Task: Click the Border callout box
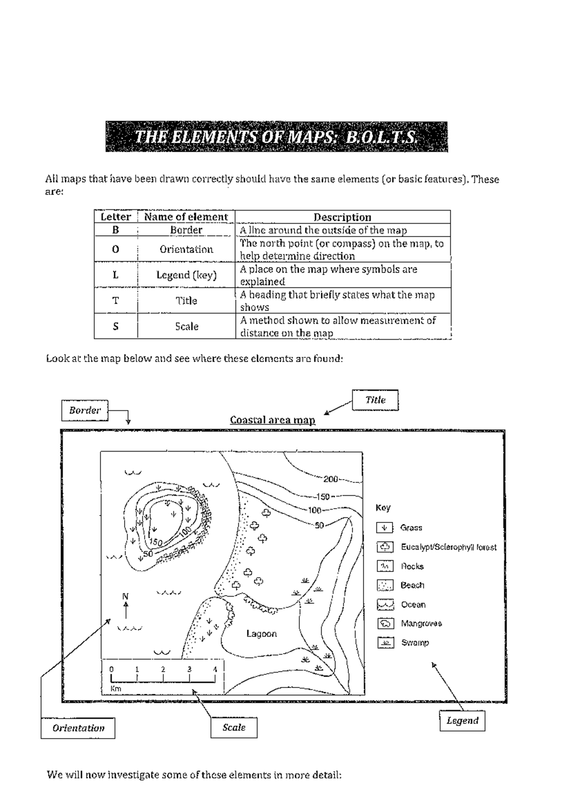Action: click(85, 411)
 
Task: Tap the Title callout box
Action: click(375, 400)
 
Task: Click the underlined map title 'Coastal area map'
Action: click(273, 420)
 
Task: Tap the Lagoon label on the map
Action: click(262, 633)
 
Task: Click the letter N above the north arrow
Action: click(126, 596)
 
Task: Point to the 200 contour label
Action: click(330, 479)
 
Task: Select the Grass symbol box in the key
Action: click(385, 528)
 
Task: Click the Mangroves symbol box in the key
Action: click(385, 623)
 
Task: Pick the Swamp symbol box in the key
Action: click(385, 642)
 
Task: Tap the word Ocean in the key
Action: click(413, 604)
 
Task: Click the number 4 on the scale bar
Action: click(215, 670)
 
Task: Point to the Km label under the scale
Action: click(116, 689)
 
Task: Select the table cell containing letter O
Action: click(116, 249)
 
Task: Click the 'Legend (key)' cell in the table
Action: click(187, 275)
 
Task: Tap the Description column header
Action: click(342, 217)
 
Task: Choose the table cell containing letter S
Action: click(116, 326)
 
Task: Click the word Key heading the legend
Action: click(383, 508)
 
